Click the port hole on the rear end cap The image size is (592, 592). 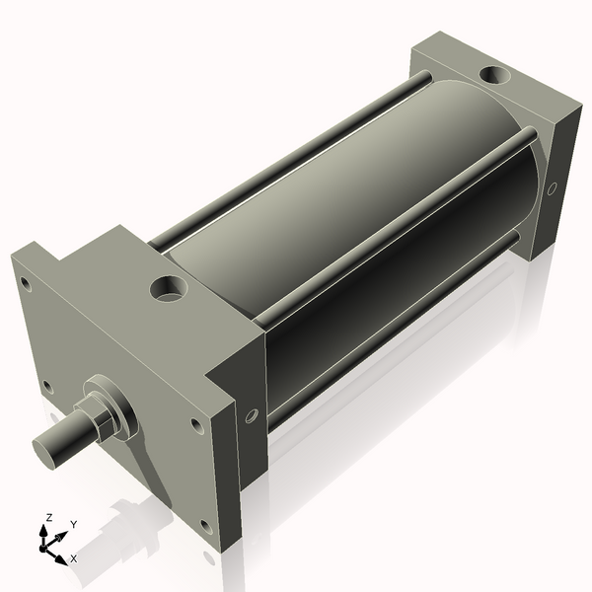coord(490,73)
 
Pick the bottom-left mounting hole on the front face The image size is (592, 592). coord(46,387)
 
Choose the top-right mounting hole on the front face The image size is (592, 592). coord(195,425)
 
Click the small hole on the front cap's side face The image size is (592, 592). coord(252,416)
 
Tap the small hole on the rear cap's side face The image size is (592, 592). coord(552,186)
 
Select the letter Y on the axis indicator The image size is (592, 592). coord(74,525)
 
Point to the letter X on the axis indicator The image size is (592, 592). coord(74,558)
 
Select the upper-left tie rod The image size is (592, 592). coord(286,158)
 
